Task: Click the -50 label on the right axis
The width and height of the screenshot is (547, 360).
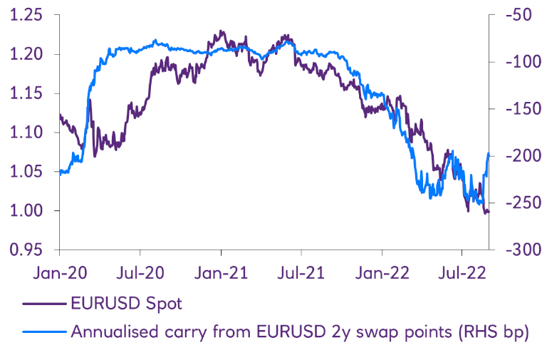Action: coord(519,15)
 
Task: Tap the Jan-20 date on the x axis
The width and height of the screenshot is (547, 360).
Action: coord(59,272)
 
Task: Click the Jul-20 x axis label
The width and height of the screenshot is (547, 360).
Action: coord(140,272)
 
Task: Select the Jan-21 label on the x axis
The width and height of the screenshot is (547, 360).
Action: coord(221,272)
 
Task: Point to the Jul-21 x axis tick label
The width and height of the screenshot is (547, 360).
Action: coord(301,272)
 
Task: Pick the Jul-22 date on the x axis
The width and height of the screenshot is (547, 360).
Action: coord(462,272)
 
